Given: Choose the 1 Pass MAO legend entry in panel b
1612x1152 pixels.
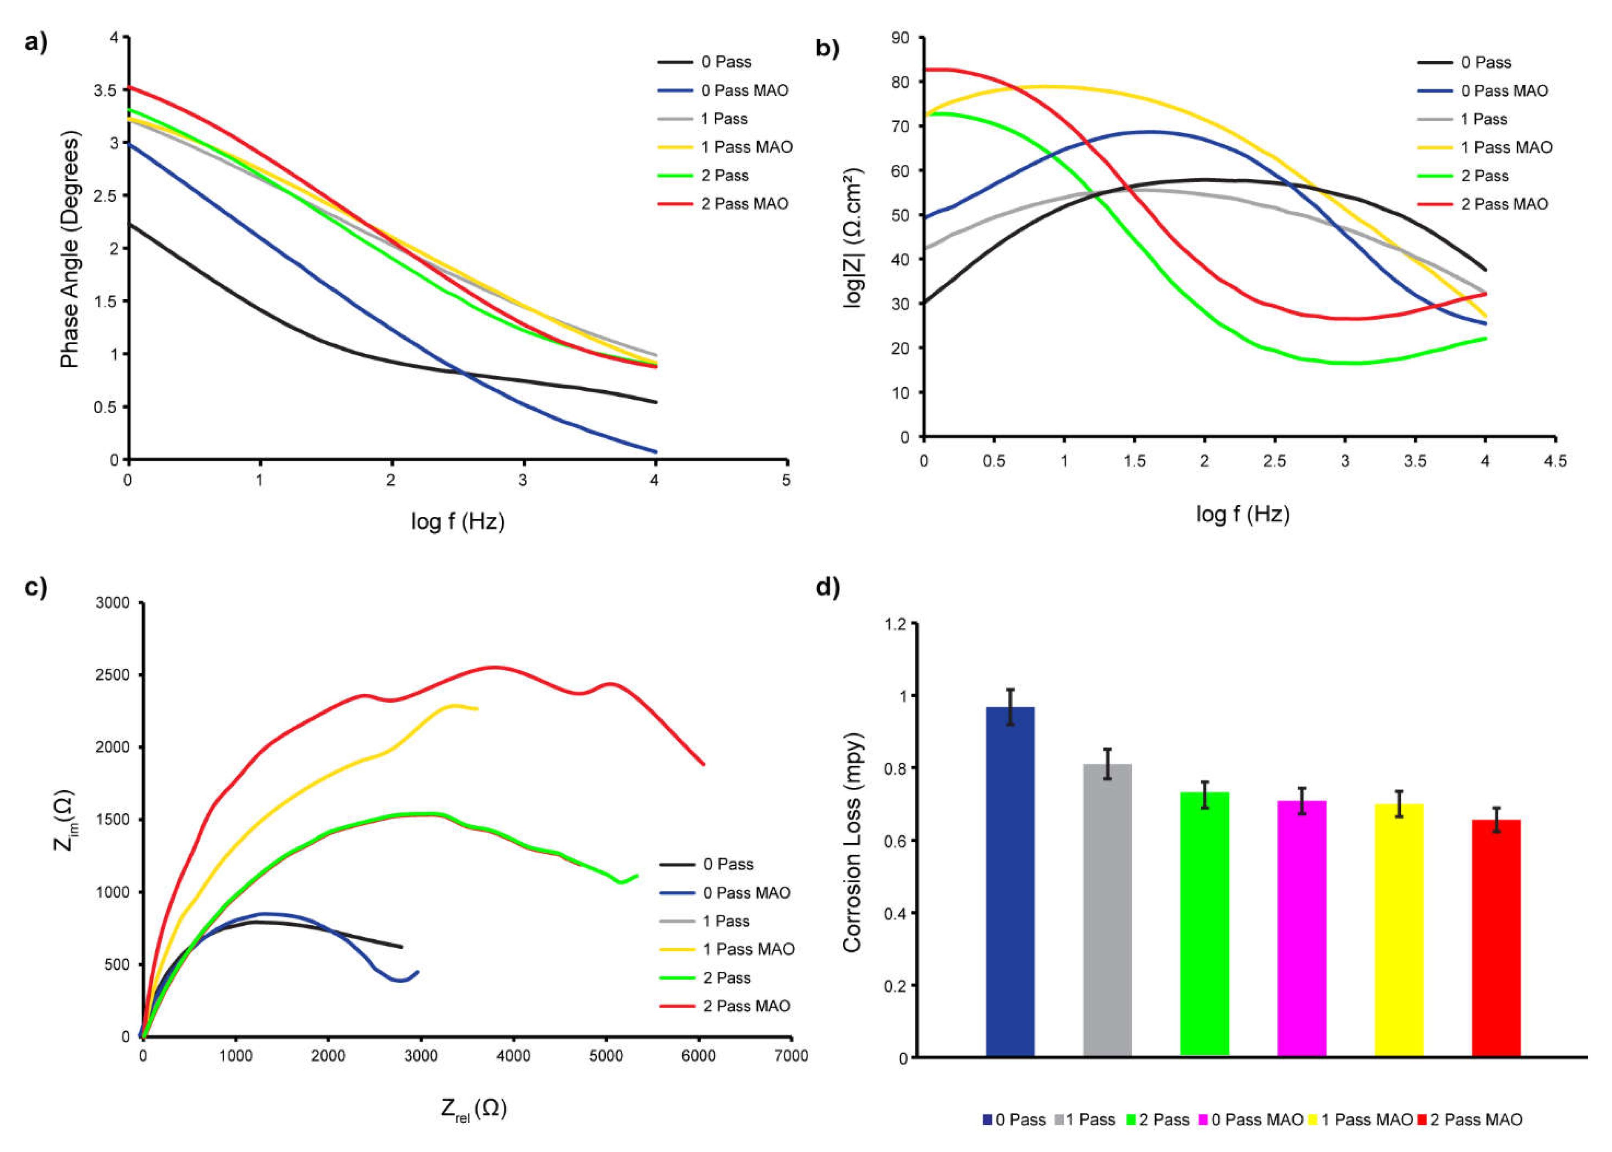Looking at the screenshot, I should click(x=1506, y=147).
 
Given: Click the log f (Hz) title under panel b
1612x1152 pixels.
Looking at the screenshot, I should click(x=1242, y=514).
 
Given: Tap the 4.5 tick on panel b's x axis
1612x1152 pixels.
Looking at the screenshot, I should click(x=1555, y=461).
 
